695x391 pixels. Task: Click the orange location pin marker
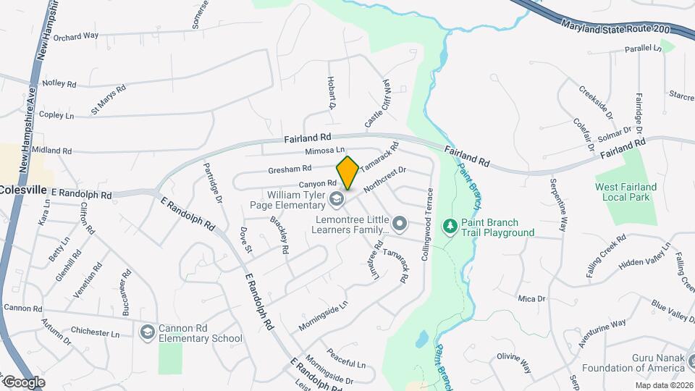347,172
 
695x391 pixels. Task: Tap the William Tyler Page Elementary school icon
335,198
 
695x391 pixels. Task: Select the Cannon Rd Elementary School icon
148,332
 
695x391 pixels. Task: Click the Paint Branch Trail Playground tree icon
450,227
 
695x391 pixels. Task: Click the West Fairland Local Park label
626,192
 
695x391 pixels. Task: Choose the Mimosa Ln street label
324,151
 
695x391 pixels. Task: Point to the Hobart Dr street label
332,92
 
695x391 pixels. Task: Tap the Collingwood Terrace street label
426,224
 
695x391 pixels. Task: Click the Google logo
23,382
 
